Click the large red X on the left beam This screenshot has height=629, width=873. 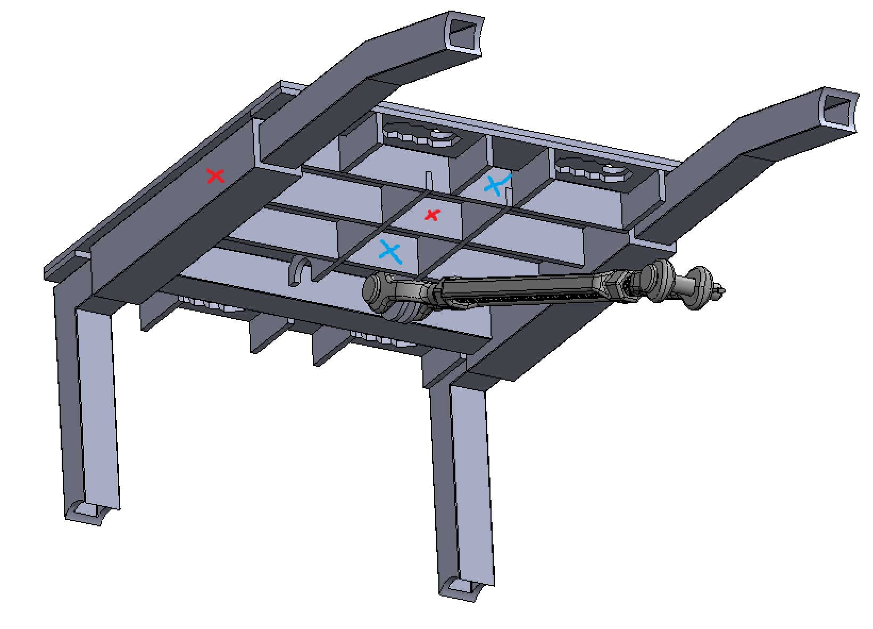point(215,176)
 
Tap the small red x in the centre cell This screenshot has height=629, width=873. point(432,215)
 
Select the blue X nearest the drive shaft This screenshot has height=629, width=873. point(390,252)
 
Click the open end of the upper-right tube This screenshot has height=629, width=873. point(839,111)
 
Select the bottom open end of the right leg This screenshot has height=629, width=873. point(459,588)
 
